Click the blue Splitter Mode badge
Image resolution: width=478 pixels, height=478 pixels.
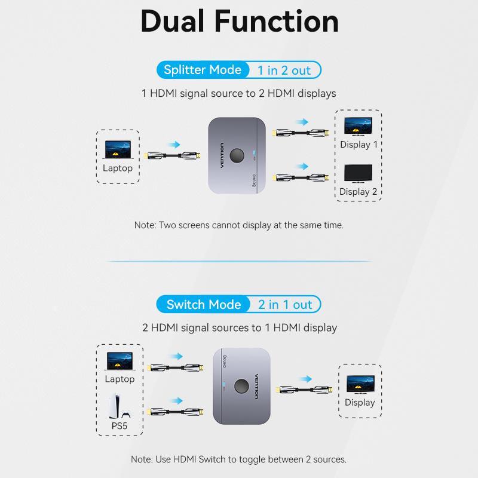[x=202, y=70]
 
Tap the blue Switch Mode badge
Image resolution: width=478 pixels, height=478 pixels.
[x=203, y=305]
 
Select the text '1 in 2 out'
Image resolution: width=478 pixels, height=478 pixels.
[x=284, y=71]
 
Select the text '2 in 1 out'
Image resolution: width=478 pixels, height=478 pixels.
[x=286, y=305]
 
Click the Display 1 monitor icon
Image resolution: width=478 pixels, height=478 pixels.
[x=358, y=127]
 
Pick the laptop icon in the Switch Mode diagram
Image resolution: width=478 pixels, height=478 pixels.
[x=119, y=360]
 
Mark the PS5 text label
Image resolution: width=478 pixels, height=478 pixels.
[x=119, y=426]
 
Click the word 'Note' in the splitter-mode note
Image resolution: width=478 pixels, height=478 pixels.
[x=145, y=226]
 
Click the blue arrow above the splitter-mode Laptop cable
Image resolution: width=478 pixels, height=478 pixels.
[x=173, y=145]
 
